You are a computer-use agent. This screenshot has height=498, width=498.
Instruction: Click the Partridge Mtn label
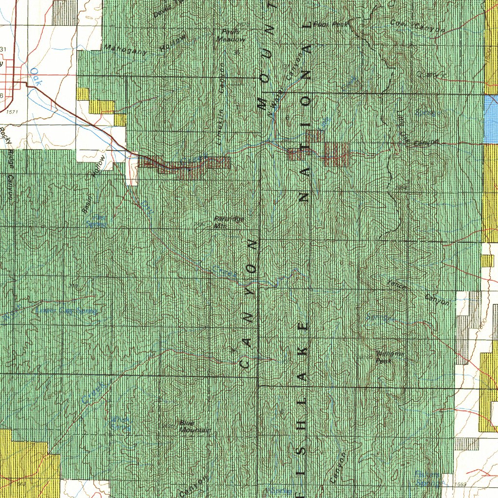click(x=229, y=222)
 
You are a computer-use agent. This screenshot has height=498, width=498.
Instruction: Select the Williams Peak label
click(x=389, y=357)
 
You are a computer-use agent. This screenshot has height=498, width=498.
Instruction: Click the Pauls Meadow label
click(x=231, y=35)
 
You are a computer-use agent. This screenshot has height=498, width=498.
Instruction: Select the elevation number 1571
click(x=12, y=112)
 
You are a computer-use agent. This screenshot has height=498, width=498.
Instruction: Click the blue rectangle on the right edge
click(x=491, y=119)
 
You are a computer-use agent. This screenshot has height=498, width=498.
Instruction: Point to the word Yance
click(x=396, y=285)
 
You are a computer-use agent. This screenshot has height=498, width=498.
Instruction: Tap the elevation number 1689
click(x=462, y=484)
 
